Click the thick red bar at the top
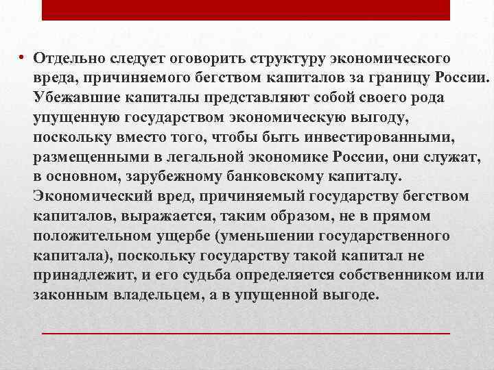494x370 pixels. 246,10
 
